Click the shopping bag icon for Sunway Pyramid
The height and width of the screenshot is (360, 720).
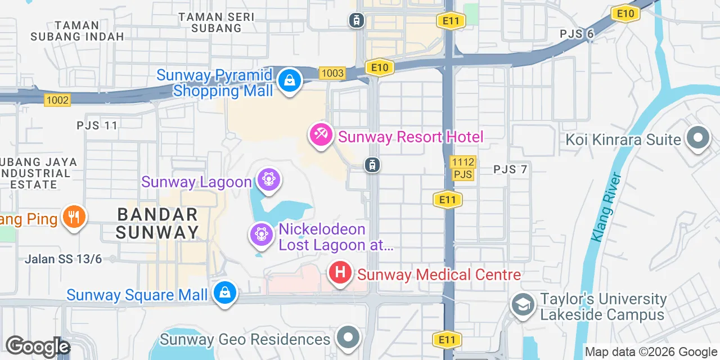[289, 81]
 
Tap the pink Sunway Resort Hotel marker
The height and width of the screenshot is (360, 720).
[321, 135]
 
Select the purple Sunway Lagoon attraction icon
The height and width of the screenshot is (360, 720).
[269, 180]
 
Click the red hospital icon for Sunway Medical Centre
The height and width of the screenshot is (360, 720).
[340, 273]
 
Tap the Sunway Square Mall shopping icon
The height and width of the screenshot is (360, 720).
[224, 292]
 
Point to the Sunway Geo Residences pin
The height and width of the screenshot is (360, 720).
[348, 337]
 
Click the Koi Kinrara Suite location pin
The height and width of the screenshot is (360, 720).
[698, 138]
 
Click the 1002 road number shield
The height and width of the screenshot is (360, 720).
[57, 100]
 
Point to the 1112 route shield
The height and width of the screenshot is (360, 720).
[463, 163]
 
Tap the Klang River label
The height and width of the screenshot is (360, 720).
[606, 207]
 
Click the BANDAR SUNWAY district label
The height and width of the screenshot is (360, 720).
[157, 223]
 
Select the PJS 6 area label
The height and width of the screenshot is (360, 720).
[577, 34]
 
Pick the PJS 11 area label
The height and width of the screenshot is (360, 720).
[97, 125]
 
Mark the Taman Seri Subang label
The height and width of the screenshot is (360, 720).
[217, 22]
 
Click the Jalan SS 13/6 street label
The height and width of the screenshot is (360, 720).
[63, 259]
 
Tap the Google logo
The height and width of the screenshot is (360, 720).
[37, 346]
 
